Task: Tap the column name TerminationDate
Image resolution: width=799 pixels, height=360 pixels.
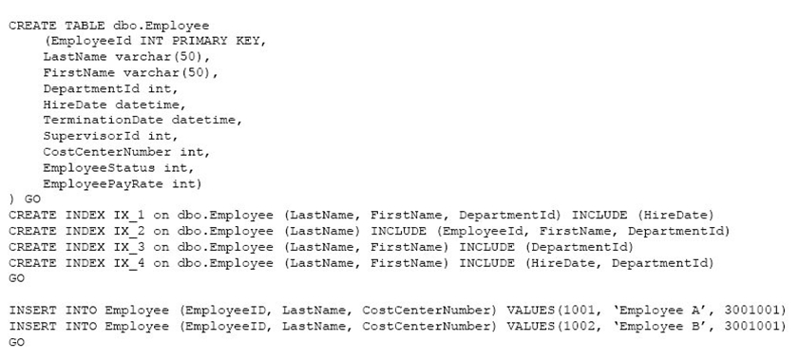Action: click(103, 121)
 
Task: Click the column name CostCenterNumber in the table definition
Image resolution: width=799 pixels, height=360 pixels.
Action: click(107, 152)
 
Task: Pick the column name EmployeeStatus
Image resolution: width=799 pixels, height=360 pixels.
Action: click(99, 167)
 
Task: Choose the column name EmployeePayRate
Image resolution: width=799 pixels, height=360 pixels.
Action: click(103, 183)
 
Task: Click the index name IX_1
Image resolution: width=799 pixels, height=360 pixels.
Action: click(129, 216)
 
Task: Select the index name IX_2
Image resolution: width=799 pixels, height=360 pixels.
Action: click(129, 231)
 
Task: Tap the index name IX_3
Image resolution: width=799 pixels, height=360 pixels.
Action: click(129, 247)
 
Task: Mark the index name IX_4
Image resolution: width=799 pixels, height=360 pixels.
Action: click(129, 263)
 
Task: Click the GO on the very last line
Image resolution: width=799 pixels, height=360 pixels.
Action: click(16, 342)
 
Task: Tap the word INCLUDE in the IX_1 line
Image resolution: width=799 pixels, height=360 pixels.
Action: click(599, 216)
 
